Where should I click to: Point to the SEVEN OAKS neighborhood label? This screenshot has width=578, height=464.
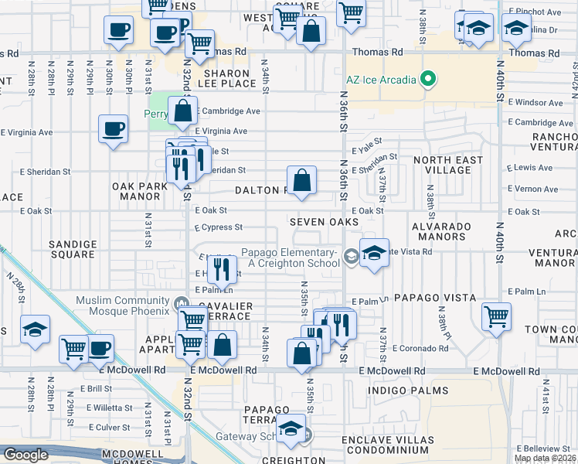[x=325, y=222]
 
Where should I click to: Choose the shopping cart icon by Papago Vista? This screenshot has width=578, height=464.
[x=495, y=316]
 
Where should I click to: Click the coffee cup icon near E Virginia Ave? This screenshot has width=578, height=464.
[x=113, y=128]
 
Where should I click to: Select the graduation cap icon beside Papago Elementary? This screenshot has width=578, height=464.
[x=373, y=254]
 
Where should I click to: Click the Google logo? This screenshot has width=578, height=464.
[x=25, y=455]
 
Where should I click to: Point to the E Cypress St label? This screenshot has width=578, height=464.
[x=219, y=228]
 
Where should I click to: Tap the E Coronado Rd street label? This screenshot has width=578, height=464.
[x=420, y=349]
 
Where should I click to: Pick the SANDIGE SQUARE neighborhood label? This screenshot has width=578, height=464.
[x=73, y=250]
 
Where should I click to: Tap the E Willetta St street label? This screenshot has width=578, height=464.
[x=110, y=406]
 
